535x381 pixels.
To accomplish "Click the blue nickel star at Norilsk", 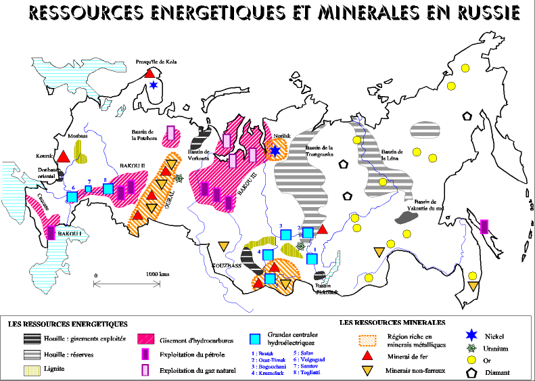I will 275,151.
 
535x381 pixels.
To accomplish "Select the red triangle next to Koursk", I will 64,156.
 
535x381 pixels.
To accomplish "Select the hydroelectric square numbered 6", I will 72,197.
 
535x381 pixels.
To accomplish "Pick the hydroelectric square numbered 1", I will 312,259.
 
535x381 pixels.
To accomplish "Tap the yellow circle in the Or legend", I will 473,361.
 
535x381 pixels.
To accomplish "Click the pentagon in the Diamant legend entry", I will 473,373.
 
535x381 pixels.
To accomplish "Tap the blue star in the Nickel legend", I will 473,336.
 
